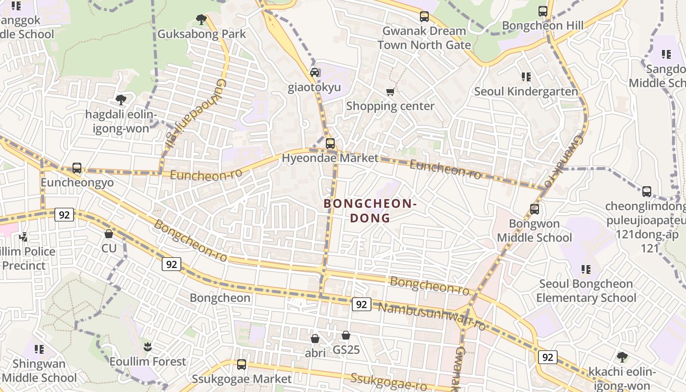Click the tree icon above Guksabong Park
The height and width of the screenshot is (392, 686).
[201, 20]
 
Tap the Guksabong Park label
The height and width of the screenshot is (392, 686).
[201, 34]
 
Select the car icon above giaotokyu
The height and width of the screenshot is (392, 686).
[315, 73]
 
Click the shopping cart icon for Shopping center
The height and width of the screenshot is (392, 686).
[391, 91]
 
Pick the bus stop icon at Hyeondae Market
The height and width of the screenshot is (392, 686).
[330, 144]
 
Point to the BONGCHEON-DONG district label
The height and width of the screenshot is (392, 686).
[370, 211]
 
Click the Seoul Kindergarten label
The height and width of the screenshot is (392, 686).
[526, 92]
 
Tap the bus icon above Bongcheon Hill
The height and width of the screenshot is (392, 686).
[543, 11]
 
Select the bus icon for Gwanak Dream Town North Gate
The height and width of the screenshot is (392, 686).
[424, 17]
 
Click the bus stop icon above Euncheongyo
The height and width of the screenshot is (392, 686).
[77, 168]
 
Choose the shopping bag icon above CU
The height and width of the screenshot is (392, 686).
[109, 234]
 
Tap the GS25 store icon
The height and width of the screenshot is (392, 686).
[346, 335]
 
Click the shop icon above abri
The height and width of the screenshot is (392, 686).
[315, 339]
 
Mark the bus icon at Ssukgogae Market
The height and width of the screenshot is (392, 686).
[242, 365]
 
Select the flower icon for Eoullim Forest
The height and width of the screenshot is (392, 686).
[147, 347]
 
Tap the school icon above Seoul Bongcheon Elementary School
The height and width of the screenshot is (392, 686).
[586, 269]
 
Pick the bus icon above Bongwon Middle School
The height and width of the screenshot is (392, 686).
[535, 209]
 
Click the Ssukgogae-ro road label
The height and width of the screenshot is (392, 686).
[389, 382]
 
